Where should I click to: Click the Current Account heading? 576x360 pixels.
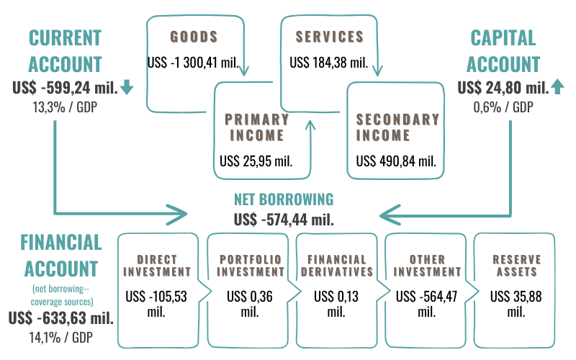[65, 50]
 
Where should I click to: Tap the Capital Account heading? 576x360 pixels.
[503, 50]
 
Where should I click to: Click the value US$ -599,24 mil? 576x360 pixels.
[65, 88]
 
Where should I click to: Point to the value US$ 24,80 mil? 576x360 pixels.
[502, 89]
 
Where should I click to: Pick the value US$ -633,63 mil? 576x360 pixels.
[61, 318]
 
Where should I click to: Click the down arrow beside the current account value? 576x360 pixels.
[127, 88]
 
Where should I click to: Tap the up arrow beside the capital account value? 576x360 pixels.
[558, 88]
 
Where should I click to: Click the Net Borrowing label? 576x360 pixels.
[284, 199]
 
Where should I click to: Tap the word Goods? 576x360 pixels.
[193, 35]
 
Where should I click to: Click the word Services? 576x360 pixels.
[329, 35]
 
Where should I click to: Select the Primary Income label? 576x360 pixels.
[256, 127]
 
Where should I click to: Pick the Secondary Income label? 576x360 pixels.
[397, 127]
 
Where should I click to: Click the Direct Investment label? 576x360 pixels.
[158, 265]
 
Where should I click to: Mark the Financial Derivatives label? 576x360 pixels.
[336, 265]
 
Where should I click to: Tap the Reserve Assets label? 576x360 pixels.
[516, 265]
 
